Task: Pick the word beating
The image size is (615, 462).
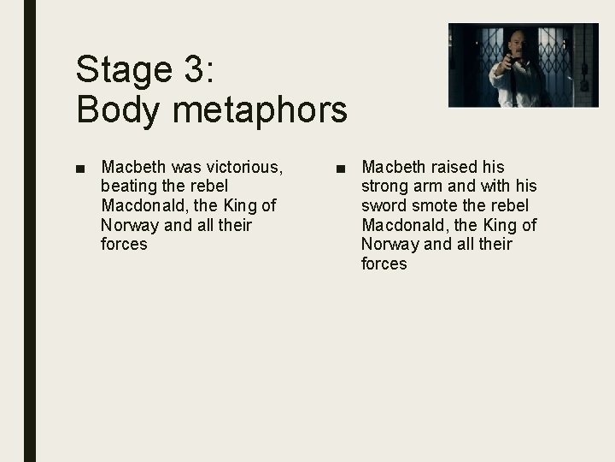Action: (129, 186)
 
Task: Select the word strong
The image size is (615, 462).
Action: (387, 186)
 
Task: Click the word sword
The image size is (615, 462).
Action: (385, 205)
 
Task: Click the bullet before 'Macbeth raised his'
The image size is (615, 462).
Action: (341, 167)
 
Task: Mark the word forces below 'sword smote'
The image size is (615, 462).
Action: (384, 264)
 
